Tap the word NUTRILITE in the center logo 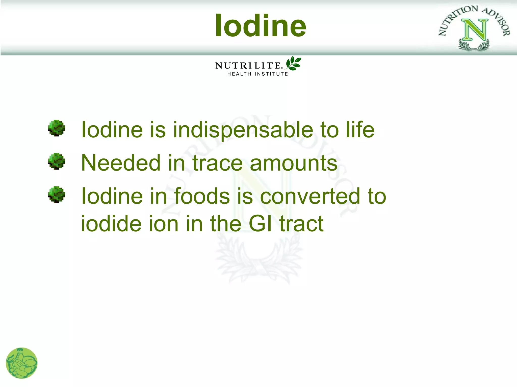coord(248,66)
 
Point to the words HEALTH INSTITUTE coord(257,74)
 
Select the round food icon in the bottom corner coord(22,363)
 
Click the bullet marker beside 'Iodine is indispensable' coord(57,128)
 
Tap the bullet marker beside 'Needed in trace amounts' coord(57,161)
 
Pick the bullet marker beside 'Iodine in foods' coord(57,195)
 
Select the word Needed coord(121,163)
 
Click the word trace coord(217,163)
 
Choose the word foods coord(202,196)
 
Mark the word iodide coord(111,224)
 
